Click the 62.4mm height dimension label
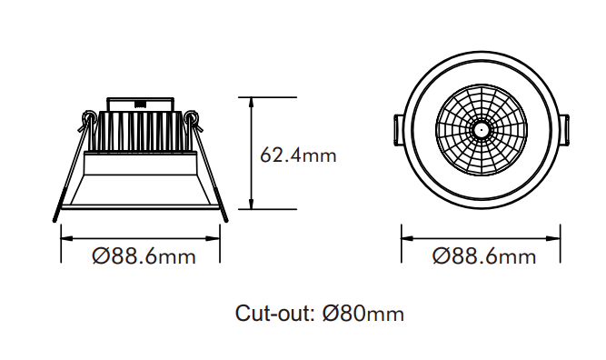[x=298, y=155]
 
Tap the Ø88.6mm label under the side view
[x=144, y=256]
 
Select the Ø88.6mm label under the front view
[x=484, y=256]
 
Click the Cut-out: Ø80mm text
[x=320, y=314]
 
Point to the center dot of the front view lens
[x=482, y=130]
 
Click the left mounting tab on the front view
[x=398, y=130]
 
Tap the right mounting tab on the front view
[x=564, y=130]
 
